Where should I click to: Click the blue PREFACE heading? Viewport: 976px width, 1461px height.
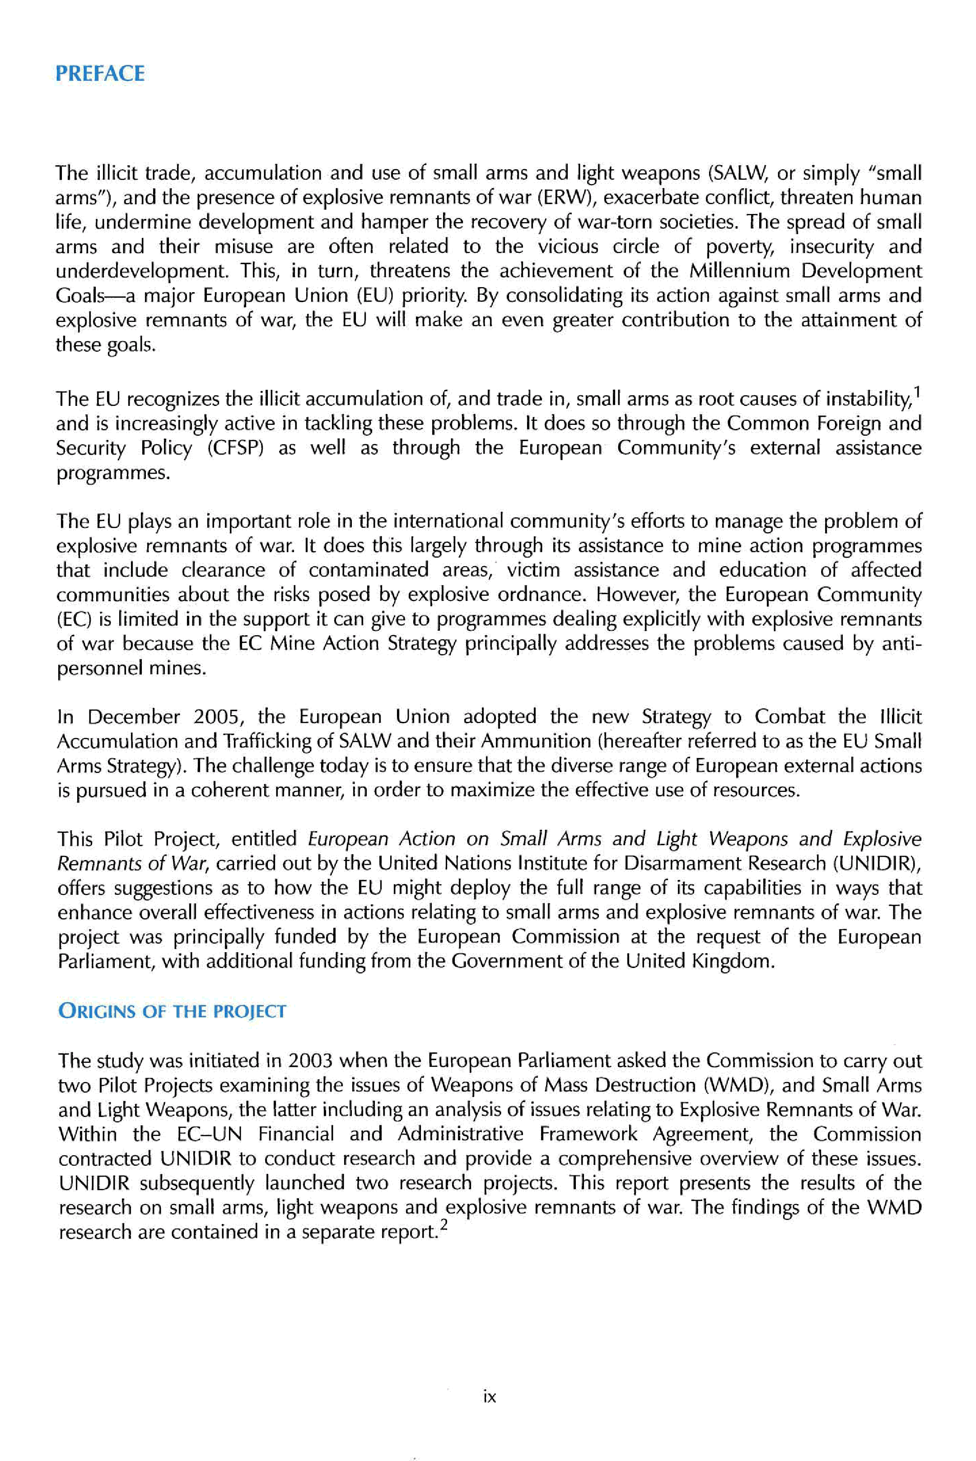coord(100,74)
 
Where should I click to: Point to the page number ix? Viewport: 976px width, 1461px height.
coord(489,1397)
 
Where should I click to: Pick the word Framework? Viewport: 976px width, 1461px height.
coord(588,1134)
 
